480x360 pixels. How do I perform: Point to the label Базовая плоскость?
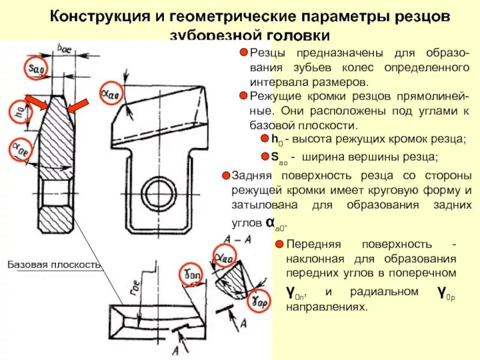click(x=55, y=265)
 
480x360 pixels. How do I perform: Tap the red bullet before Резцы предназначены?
click(x=244, y=53)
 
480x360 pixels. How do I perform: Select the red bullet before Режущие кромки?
click(x=244, y=96)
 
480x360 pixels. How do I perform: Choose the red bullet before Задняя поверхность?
click(x=226, y=176)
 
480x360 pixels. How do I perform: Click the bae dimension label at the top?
click(x=65, y=47)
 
